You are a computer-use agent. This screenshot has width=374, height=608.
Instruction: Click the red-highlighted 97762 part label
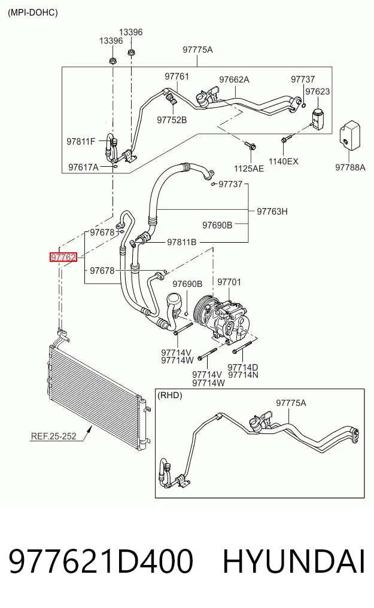(x=63, y=257)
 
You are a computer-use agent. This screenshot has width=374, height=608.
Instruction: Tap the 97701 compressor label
(x=229, y=282)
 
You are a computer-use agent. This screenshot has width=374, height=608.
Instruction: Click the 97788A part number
(x=350, y=167)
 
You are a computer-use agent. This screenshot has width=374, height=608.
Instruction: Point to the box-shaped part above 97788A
(x=350, y=135)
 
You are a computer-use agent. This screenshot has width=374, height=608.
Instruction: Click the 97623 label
(x=317, y=91)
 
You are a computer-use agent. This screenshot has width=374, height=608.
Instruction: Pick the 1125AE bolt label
(x=249, y=168)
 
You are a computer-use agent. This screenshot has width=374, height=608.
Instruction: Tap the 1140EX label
(x=283, y=161)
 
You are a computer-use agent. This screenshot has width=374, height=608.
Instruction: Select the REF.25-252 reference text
(x=53, y=436)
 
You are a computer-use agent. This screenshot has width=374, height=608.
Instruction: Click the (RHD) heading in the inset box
(x=169, y=395)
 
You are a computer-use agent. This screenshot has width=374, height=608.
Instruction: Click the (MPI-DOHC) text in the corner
(x=33, y=13)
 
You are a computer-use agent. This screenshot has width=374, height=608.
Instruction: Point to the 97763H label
(x=272, y=211)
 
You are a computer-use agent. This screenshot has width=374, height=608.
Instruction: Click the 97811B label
(x=181, y=242)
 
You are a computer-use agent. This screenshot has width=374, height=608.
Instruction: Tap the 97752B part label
(x=172, y=120)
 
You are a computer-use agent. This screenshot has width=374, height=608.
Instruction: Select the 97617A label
(x=83, y=167)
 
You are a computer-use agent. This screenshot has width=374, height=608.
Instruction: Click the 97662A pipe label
(x=234, y=80)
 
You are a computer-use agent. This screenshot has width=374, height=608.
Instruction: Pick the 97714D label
(x=243, y=367)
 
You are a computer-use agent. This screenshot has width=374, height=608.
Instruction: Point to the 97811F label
(x=81, y=141)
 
